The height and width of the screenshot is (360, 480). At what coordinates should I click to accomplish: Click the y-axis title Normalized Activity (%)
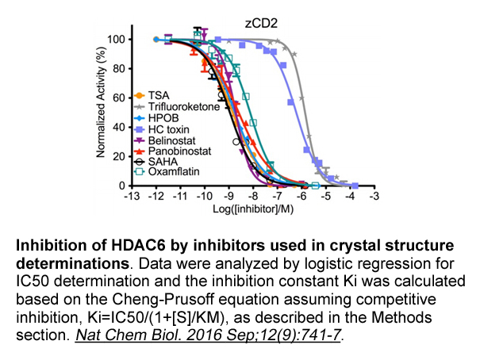100,111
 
